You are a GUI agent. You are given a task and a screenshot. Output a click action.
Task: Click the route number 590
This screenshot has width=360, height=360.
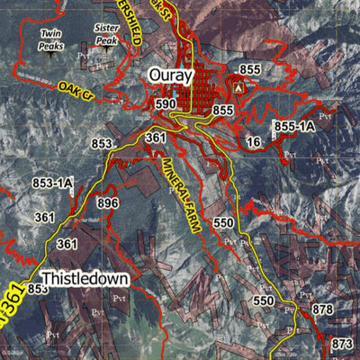(x=165, y=104)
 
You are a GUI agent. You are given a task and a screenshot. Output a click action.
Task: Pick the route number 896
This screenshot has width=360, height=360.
(x=108, y=203)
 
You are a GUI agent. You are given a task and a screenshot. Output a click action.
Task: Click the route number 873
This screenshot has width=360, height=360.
(x=342, y=344)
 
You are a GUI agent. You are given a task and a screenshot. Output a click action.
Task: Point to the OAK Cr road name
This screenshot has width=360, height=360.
(x=76, y=88)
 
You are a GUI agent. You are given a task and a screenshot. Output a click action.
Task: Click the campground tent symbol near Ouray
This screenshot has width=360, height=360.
(x=238, y=90)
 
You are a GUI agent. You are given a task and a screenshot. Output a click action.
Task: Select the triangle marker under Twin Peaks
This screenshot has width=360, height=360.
(x=50, y=52)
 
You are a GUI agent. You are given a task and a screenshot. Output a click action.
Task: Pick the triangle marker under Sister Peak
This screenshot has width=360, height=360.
(x=106, y=49)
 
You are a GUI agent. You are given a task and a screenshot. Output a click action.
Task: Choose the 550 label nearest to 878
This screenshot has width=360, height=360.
(x=263, y=300)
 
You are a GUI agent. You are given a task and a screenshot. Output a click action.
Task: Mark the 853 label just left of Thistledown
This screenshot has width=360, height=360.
(x=37, y=289)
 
